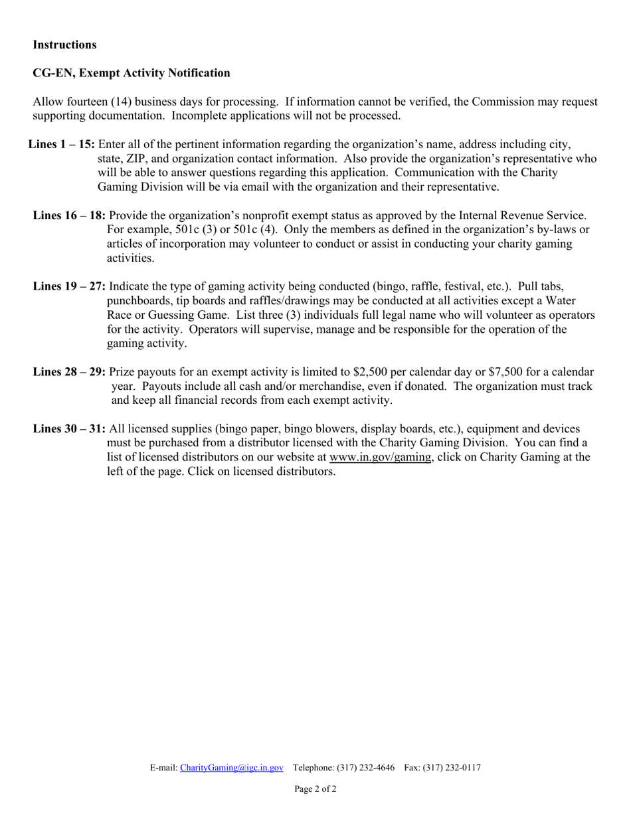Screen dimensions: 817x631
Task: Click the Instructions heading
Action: [x=64, y=45]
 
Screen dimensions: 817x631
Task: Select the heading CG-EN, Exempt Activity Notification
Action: [x=132, y=73]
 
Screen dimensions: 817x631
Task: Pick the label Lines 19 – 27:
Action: [x=69, y=286]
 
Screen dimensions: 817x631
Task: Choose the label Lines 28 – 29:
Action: [x=69, y=371]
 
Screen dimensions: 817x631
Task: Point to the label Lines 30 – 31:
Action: [x=69, y=428]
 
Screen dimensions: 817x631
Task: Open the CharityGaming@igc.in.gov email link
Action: [x=232, y=768]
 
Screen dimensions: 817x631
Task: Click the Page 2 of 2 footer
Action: [x=315, y=789]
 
